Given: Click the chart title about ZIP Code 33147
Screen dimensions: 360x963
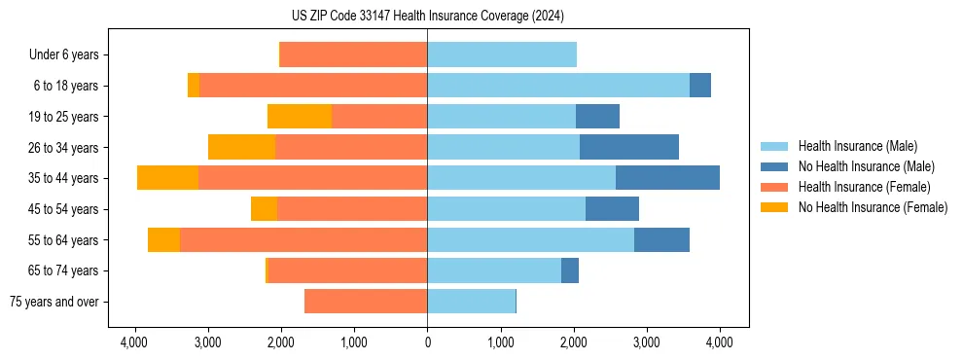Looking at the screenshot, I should [427, 17].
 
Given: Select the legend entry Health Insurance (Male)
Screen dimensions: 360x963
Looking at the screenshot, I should [856, 146].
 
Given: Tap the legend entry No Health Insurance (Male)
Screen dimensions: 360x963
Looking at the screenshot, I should [866, 166].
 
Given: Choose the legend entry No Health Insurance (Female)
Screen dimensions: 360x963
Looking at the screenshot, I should [873, 207].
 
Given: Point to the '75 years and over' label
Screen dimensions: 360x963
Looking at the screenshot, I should [54, 302].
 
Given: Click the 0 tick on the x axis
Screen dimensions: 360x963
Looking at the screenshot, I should [427, 342].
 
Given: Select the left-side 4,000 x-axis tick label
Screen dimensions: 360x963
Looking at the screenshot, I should [134, 342].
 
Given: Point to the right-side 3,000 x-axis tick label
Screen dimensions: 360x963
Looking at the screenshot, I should [647, 342].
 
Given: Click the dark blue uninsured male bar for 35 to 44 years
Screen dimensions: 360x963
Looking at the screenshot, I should [667, 178].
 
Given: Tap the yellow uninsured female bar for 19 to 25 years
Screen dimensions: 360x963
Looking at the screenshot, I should [300, 117].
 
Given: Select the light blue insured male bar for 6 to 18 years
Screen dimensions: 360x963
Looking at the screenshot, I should [558, 86].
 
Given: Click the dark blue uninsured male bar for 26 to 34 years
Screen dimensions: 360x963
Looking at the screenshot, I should [629, 148].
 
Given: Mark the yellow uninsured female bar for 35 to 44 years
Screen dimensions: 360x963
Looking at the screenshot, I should [167, 178].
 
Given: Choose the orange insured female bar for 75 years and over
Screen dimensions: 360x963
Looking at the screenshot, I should [366, 302].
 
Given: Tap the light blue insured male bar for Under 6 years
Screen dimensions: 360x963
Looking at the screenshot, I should [502, 55].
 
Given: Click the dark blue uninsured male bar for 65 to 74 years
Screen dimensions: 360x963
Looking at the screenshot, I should [570, 270].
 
